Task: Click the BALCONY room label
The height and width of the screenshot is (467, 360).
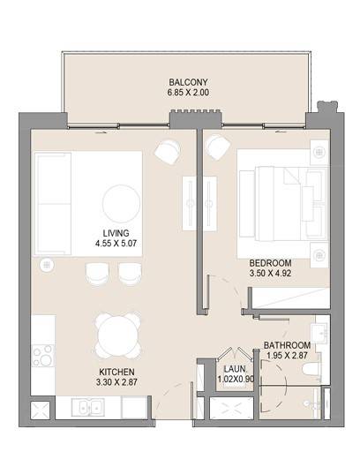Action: (188, 82)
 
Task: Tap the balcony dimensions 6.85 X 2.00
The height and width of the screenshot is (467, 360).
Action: (188, 93)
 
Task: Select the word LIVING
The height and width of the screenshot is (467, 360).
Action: (116, 233)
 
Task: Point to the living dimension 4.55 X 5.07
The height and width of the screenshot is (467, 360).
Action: (116, 244)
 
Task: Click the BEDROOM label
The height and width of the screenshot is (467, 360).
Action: (270, 263)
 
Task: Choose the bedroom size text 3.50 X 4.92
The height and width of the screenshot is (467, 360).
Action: (270, 273)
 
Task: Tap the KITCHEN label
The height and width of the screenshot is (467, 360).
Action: (116, 372)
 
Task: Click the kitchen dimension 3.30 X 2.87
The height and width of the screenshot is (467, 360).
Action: (116, 382)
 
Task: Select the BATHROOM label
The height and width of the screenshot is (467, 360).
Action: (287, 345)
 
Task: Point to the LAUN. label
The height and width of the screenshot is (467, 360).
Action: (235, 369)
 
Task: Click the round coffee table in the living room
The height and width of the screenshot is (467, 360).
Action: (121, 204)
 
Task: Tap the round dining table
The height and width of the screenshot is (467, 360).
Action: (118, 335)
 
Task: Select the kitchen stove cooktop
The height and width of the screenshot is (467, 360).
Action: (43, 355)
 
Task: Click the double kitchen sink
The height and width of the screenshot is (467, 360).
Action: (87, 408)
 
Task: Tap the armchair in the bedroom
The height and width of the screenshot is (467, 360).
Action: (219, 147)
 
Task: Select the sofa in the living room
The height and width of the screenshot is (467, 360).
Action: (53, 204)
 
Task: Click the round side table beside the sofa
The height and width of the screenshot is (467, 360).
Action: (47, 265)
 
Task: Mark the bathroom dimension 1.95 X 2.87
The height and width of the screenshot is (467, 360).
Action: (287, 355)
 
